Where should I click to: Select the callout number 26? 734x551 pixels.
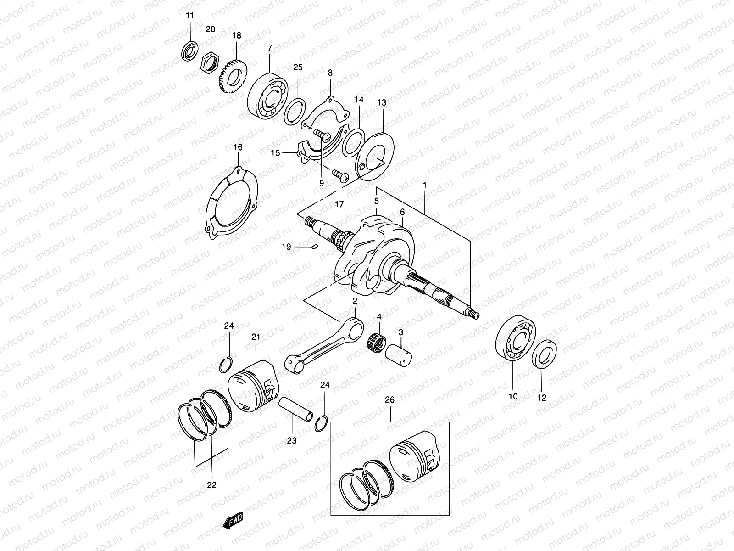[389, 400]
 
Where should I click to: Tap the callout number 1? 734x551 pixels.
[425, 185]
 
